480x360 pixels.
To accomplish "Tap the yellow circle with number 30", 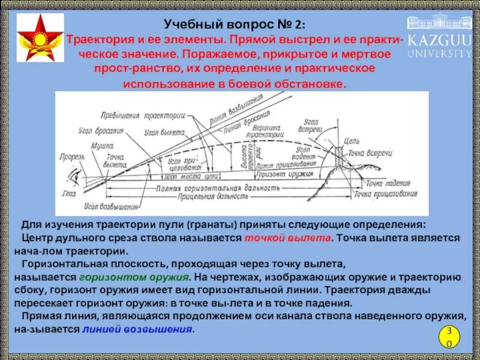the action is pos(448,337).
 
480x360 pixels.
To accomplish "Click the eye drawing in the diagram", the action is pos(74,178).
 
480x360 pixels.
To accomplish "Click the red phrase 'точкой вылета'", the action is pos(287,238).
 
